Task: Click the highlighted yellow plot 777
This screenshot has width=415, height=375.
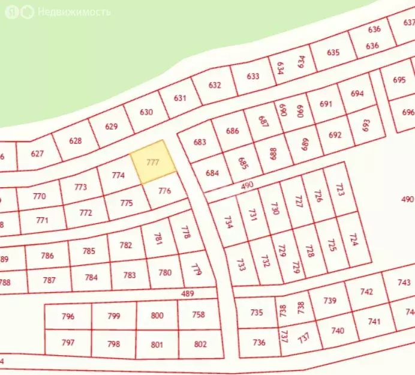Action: coord(154,162)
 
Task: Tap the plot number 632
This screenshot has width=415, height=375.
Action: coord(215,85)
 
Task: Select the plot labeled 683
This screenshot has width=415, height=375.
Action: coord(200,142)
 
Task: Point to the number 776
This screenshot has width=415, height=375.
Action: coord(165,191)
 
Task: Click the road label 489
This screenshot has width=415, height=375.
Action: coord(188,293)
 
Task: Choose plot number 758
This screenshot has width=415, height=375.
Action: coord(198,315)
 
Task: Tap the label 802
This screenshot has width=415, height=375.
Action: coord(200,344)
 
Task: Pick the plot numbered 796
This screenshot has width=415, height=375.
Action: coord(68,316)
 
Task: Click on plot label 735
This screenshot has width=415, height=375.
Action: coord(257,313)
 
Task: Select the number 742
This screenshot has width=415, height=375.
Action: coord(366,292)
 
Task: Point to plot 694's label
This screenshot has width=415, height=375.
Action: coord(357,94)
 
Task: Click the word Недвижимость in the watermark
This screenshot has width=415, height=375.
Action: coord(74,12)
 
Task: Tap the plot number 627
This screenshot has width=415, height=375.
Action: coord(37,154)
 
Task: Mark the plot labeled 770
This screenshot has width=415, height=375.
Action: coord(40,196)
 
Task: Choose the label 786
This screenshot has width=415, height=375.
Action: coord(47,256)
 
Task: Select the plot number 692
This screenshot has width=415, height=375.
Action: coord(335,135)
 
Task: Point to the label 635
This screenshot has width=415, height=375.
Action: coord(333,53)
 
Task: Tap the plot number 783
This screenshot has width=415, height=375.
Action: coord(130,275)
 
